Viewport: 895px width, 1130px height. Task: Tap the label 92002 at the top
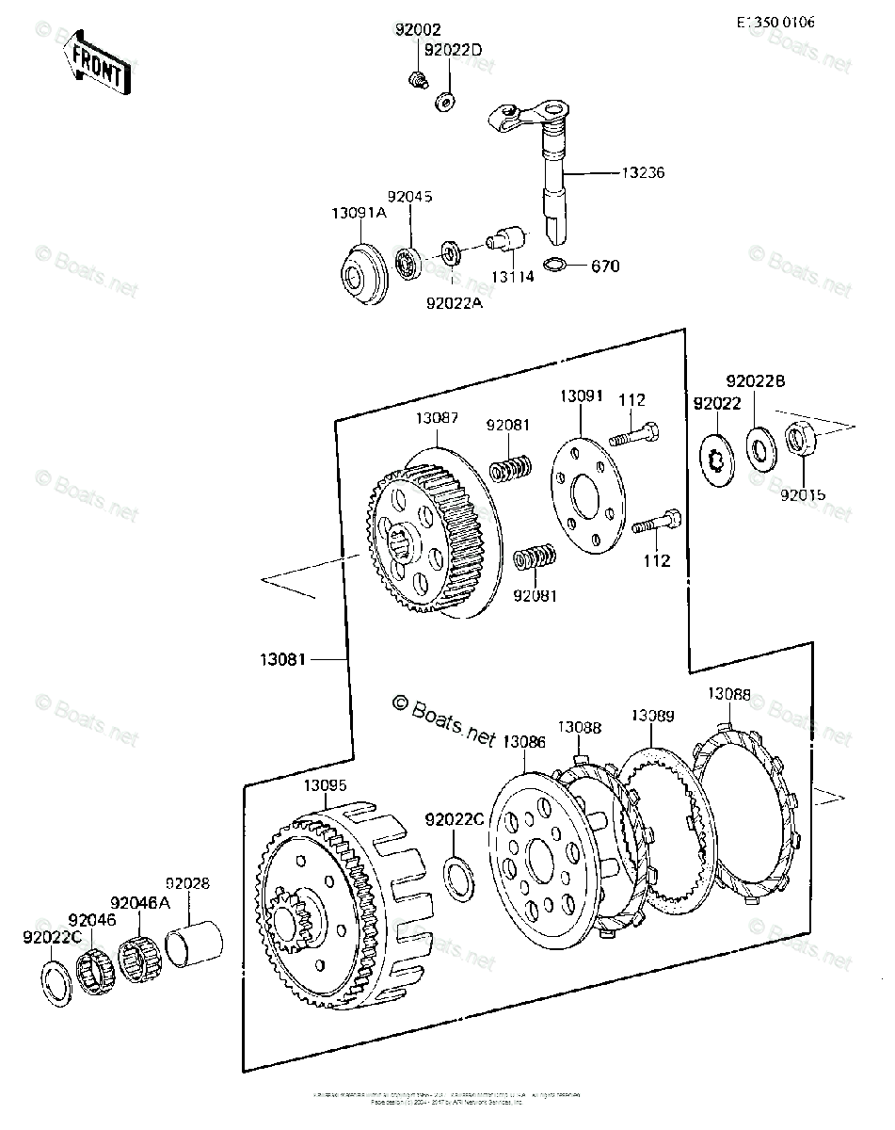pos(418,30)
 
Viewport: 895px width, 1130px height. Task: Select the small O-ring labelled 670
pos(556,266)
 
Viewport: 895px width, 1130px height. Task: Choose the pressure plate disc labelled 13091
pos(582,493)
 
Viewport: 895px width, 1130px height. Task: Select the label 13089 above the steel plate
pos(652,716)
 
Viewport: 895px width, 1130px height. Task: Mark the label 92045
pos(409,198)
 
